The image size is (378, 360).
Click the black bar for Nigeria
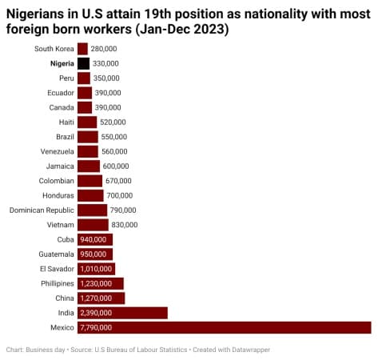tap(83, 63)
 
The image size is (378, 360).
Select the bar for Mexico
tap(224, 327)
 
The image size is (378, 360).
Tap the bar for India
tap(122, 313)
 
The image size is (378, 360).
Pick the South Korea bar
tap(82, 49)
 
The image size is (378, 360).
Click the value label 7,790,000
tap(97, 327)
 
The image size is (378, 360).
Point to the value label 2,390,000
tap(97, 313)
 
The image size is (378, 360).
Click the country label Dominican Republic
tap(42, 210)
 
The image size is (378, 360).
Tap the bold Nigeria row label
tap(62, 63)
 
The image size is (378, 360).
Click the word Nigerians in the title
tap(40, 14)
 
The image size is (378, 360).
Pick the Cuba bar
tap(94, 239)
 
